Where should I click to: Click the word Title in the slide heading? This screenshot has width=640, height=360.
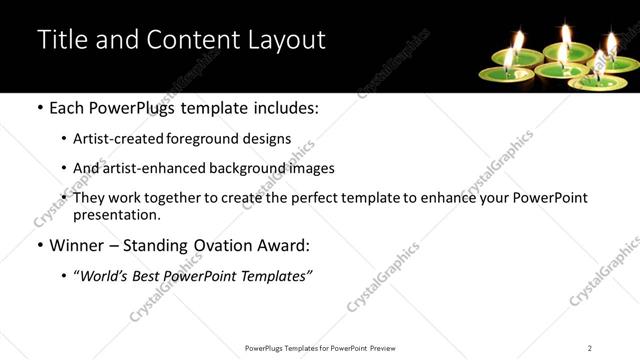pos(59,39)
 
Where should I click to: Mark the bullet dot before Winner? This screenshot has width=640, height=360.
pos(39,245)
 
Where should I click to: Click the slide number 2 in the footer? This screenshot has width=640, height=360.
pos(590,348)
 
